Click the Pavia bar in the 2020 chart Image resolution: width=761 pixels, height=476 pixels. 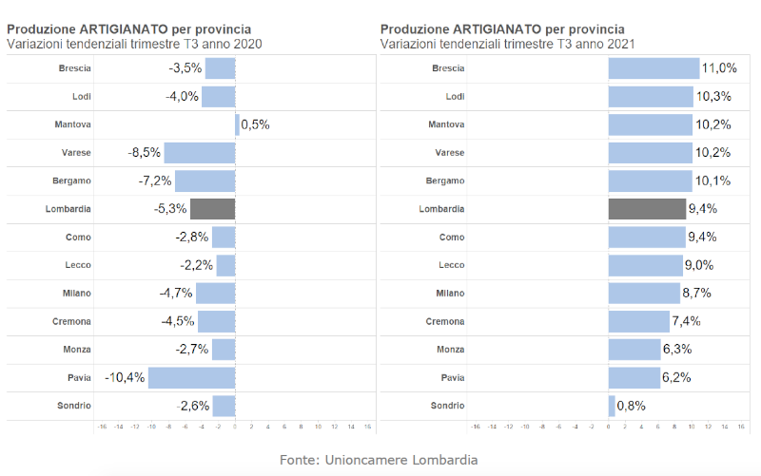coord(191,378)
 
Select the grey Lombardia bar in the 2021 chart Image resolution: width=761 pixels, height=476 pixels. coord(647,209)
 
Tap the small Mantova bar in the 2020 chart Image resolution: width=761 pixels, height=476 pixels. coord(237,124)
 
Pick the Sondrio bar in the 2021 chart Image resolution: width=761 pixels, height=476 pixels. coord(612,406)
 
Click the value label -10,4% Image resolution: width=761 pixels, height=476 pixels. coord(125,378)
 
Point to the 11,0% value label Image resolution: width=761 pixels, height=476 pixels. coord(719,68)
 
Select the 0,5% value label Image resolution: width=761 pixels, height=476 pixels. coord(256,124)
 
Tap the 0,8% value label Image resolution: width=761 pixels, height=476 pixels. coord(633,406)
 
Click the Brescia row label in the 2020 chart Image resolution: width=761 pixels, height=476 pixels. coord(74,68)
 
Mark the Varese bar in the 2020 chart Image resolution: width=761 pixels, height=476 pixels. coord(199,153)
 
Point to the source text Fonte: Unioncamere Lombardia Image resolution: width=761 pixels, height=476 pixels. coord(379,460)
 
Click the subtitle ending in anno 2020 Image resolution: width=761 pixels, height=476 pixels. coord(134,44)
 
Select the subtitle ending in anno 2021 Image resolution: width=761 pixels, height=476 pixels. coord(507,44)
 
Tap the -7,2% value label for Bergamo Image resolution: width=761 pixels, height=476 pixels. coord(154,181)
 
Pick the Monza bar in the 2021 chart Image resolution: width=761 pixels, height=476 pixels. coord(634,350)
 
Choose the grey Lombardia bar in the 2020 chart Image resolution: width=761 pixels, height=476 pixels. coord(212,209)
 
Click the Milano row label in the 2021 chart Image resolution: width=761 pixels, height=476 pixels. coord(450,294)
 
